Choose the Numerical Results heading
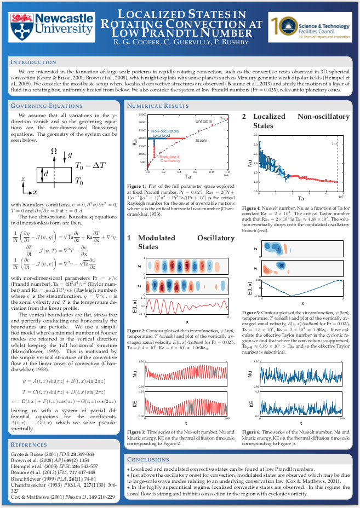click(x=158, y=106)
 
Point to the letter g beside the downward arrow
click(x=70, y=155)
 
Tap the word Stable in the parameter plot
click(x=201, y=141)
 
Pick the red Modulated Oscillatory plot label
click(x=170, y=159)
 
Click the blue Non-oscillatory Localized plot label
click(x=165, y=133)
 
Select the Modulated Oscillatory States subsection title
click(x=180, y=243)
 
